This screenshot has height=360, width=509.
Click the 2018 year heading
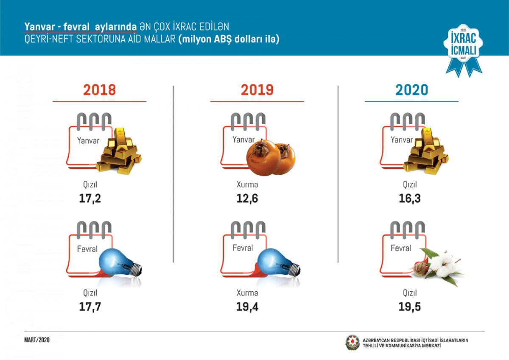[x=99, y=90]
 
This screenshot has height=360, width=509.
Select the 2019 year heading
[x=257, y=90]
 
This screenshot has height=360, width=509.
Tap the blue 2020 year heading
[x=411, y=90]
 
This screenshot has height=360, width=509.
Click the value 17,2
[x=90, y=198]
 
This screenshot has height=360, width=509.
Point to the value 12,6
[x=247, y=198]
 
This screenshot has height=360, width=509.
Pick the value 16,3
[x=409, y=198]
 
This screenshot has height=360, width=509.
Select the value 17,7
[x=90, y=307]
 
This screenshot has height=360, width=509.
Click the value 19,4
[x=247, y=307]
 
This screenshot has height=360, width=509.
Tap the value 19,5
[x=409, y=307]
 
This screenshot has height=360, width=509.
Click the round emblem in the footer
[x=352, y=343]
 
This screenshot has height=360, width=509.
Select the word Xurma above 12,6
[x=247, y=185]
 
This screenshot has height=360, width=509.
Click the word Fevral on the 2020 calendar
[x=401, y=248]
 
